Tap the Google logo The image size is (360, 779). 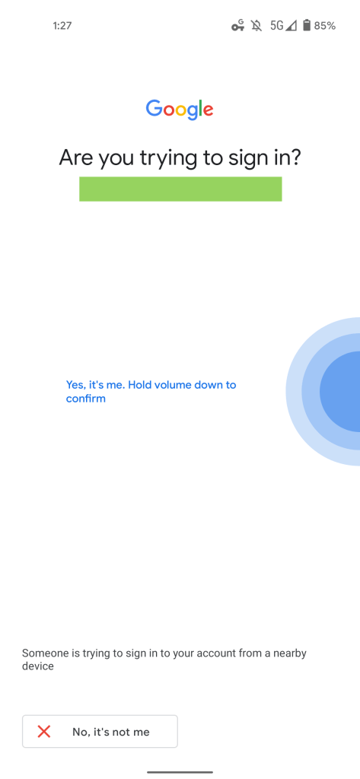[180, 110]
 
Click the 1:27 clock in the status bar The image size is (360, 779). [62, 26]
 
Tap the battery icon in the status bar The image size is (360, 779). [307, 25]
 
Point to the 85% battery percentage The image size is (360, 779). [325, 26]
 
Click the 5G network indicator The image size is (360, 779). [277, 26]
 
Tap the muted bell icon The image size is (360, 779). [256, 26]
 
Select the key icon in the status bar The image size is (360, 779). [238, 26]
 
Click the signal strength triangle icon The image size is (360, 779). [291, 26]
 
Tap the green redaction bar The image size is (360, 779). [180, 189]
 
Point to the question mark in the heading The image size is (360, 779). [295, 157]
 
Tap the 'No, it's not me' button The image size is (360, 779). [100, 731]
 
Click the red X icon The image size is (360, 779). [44, 731]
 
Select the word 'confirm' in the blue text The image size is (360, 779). [86, 399]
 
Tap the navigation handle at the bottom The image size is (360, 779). [180, 773]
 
